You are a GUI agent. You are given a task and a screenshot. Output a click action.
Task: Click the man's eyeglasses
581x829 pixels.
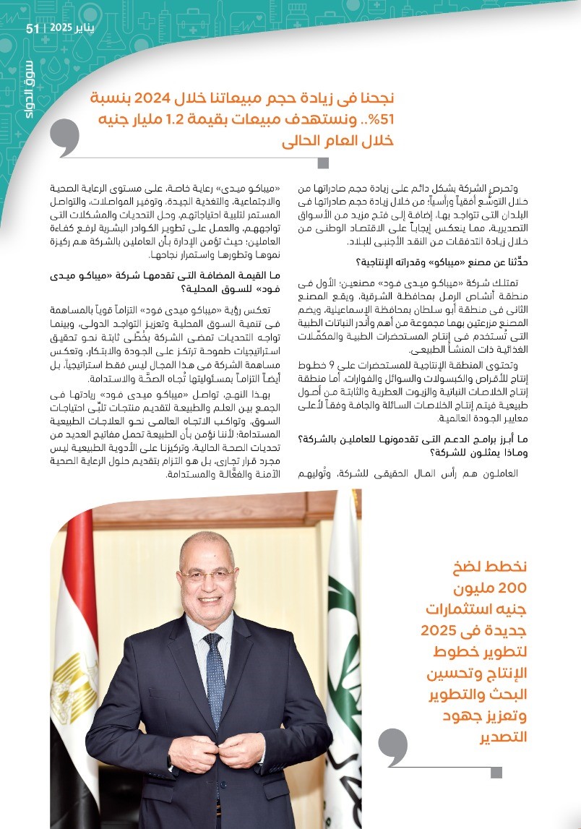tap(207, 576)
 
